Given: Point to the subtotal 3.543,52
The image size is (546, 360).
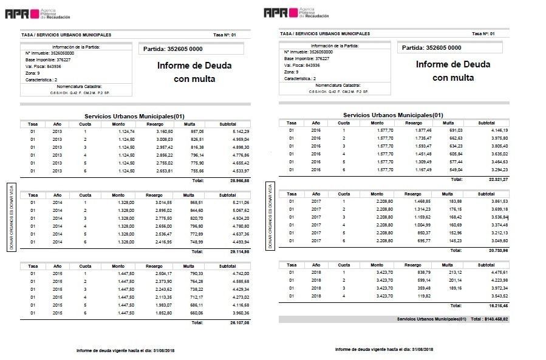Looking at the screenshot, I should pos(498,296).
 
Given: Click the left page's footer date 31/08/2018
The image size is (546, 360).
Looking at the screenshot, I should pos(154,350).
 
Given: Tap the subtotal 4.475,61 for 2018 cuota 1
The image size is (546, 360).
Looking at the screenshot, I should pos(498,272).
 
